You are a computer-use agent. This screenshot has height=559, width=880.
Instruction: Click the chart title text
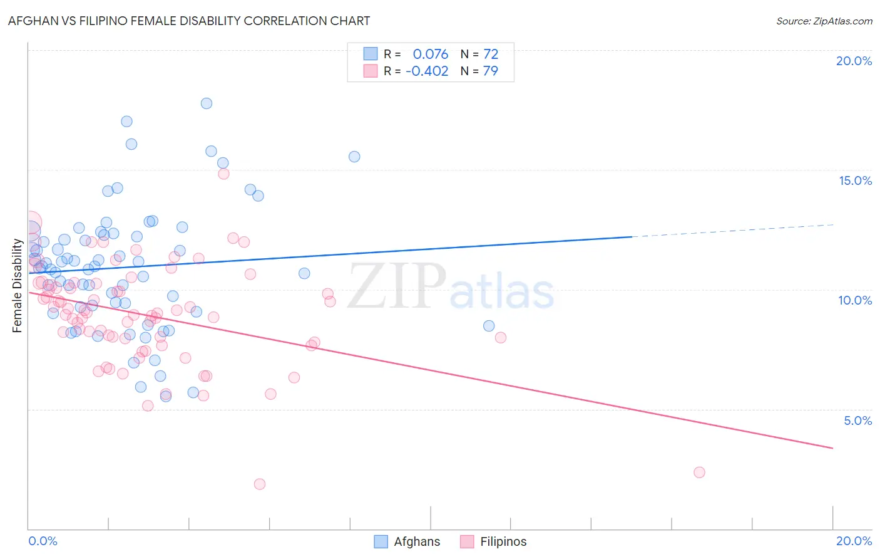click(189, 21)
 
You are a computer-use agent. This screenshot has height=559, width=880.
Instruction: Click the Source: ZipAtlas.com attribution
click(824, 21)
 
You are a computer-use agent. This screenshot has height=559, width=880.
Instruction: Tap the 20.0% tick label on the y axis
click(854, 61)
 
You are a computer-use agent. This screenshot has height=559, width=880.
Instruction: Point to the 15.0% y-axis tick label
click(855, 180)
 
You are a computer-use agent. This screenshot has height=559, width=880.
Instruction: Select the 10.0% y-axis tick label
click(855, 300)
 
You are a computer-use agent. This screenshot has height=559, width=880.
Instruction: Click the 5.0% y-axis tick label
click(857, 421)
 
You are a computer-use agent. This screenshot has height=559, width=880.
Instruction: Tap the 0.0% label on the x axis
click(43, 541)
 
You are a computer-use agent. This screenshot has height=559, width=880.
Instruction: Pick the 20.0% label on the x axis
click(854, 541)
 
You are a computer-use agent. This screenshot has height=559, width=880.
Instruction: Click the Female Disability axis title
click(17, 286)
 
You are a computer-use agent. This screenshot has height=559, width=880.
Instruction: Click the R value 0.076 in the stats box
click(430, 55)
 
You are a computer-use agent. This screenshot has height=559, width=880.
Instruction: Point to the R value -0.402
click(427, 71)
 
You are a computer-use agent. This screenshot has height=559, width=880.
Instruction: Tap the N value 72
click(491, 55)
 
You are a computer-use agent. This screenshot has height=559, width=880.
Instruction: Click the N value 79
click(491, 71)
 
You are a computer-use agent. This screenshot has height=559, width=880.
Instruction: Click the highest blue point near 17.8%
click(207, 103)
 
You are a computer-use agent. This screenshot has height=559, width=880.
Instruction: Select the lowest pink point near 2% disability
click(260, 484)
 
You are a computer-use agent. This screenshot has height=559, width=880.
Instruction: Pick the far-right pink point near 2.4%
click(699, 473)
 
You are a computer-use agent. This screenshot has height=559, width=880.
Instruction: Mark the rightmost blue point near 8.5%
click(489, 326)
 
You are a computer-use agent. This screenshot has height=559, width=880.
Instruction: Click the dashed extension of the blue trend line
click(732, 231)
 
